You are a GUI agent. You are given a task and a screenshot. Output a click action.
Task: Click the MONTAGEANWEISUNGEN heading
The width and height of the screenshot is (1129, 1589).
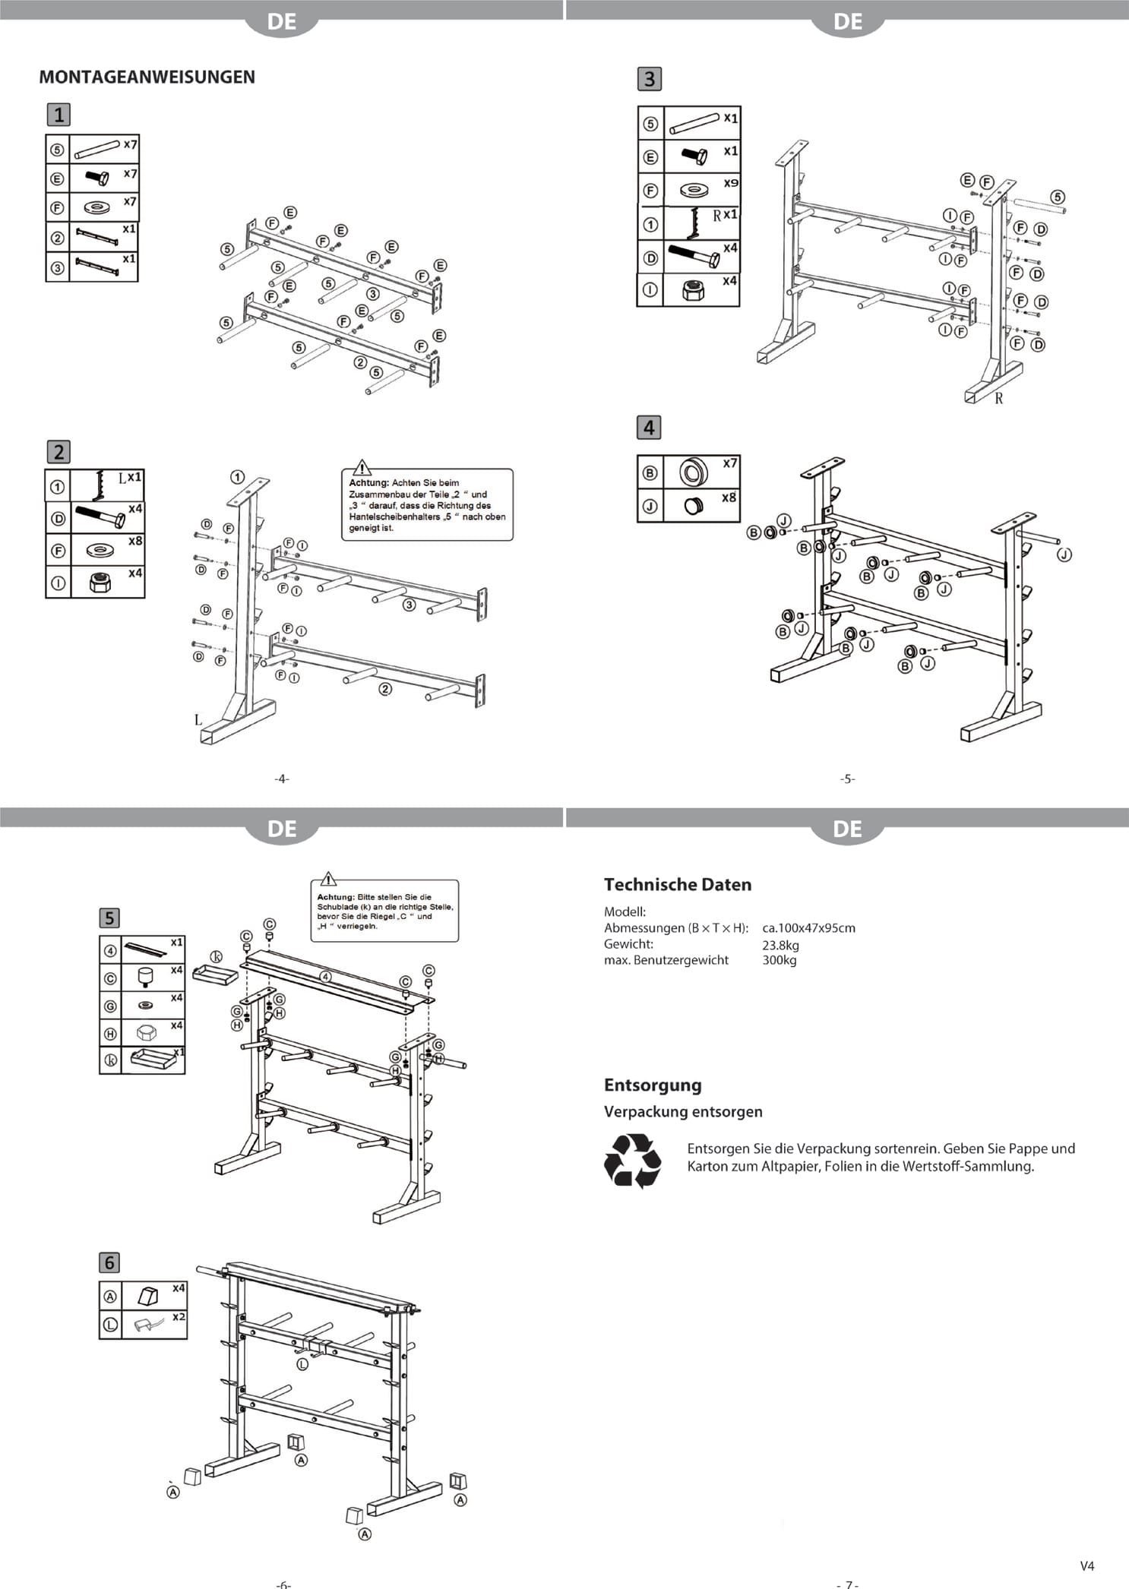[x=147, y=77]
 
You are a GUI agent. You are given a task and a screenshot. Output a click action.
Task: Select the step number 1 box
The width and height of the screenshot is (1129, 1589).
[x=59, y=115]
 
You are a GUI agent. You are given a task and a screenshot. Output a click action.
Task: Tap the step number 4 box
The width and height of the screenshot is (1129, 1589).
[x=649, y=428]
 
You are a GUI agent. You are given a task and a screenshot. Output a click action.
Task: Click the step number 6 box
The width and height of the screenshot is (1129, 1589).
[x=109, y=1262]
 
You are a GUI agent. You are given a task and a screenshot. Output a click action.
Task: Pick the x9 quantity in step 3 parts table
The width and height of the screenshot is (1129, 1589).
[x=730, y=183]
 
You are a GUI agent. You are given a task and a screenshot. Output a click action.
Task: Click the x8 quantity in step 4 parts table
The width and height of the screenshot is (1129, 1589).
[x=729, y=498]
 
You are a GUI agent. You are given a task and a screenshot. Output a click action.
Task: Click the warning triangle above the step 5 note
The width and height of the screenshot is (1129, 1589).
[x=327, y=879]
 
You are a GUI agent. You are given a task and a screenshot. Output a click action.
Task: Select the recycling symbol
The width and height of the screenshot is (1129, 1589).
[x=633, y=1160]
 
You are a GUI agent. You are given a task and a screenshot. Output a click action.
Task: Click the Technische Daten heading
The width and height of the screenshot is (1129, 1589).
[x=677, y=884]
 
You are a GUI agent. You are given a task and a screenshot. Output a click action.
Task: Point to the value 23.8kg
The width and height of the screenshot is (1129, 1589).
[x=780, y=945]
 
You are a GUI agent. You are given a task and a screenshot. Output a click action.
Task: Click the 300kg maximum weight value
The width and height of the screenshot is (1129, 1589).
[x=779, y=960]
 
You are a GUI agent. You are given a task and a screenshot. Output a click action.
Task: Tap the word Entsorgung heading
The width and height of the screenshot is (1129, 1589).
[x=653, y=1085]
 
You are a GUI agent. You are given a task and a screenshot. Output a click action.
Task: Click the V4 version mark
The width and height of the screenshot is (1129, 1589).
[x=1087, y=1565]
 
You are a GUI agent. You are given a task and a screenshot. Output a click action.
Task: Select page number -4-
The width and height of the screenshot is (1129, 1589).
[x=282, y=779]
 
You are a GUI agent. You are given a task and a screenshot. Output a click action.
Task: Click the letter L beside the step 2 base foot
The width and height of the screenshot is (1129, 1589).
[x=198, y=719]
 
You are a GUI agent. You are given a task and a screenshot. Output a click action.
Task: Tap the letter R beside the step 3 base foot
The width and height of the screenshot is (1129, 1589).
[x=999, y=398]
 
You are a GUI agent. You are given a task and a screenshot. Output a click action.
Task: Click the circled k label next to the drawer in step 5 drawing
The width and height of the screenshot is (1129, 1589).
[x=216, y=956]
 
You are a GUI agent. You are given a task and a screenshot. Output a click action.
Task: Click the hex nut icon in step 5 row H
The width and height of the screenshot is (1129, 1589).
[x=147, y=1032]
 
